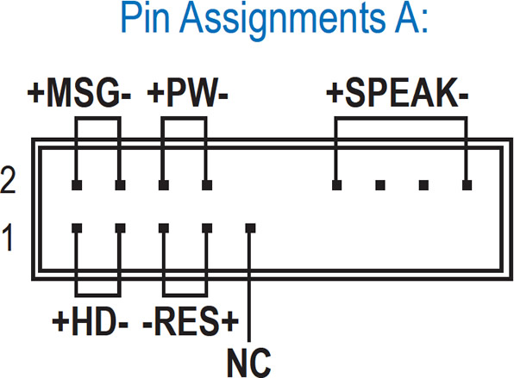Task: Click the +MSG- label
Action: [79, 93]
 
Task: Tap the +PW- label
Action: [187, 93]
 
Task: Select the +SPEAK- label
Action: [398, 93]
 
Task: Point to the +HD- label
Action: [91, 320]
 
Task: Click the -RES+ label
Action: [191, 320]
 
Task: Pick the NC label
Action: [249, 363]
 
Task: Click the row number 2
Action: [9, 180]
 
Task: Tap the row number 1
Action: [8, 238]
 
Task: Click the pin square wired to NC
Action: [250, 228]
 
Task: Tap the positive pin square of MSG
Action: [77, 185]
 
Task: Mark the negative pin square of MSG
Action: [120, 185]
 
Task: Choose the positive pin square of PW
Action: [164, 185]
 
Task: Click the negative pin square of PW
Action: [207, 185]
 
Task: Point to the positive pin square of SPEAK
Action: [336, 185]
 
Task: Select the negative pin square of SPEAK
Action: [467, 185]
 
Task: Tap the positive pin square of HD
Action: [77, 228]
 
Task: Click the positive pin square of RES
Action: [207, 228]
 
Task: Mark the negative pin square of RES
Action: [164, 228]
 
